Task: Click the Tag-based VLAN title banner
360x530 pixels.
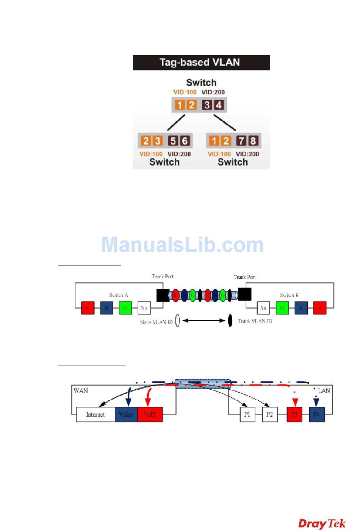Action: pos(201,63)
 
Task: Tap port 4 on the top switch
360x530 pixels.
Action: pos(219,105)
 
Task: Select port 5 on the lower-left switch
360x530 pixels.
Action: pos(173,141)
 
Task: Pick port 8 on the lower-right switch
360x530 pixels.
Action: pos(253,141)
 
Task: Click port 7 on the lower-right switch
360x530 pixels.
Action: pos(241,141)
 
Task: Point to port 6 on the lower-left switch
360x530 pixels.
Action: pos(185,141)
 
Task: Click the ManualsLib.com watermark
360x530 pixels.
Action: pos(182,245)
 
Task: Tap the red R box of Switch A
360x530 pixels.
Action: pos(88,308)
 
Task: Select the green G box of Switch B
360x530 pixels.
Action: pos(282,308)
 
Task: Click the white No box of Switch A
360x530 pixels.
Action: pos(144,308)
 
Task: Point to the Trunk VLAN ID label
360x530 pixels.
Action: pos(255,321)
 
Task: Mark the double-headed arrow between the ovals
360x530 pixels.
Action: pos(204,321)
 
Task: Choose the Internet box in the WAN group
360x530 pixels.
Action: pos(95,414)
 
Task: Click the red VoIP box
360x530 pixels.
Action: pos(150,414)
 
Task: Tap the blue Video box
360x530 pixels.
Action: pos(126,414)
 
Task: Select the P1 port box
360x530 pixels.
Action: pos(247,414)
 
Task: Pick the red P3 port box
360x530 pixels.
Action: pos(294,414)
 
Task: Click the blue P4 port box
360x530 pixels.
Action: pos(317,414)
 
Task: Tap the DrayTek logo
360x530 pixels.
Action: pos(322,524)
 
